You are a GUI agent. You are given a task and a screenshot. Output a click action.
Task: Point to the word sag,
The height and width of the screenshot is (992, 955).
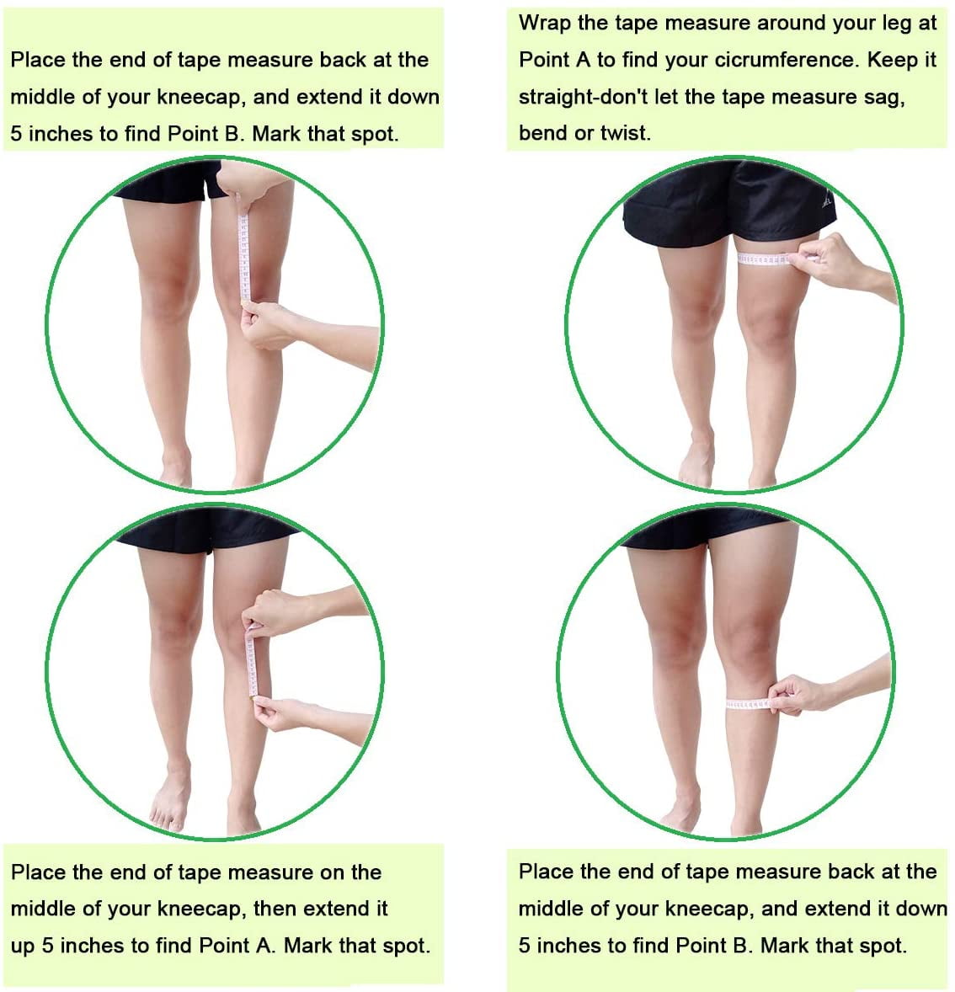click(x=884, y=97)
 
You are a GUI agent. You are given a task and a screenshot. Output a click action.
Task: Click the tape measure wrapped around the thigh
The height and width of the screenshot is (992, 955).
click(x=766, y=259)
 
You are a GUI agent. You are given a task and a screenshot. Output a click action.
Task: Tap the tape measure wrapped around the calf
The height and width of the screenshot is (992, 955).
click(x=749, y=703)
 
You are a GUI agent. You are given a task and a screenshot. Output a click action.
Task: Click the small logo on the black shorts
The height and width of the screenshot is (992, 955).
click(x=827, y=202)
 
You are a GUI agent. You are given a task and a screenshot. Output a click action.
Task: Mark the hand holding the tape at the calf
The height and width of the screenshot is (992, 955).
click(x=801, y=696)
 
